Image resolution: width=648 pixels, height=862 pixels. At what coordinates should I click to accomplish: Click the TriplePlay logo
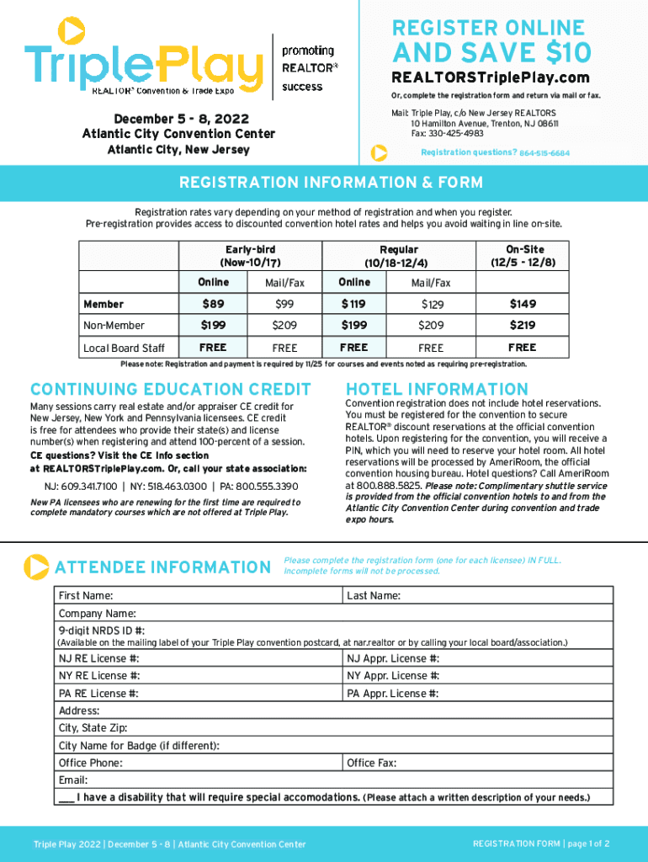pos(143,59)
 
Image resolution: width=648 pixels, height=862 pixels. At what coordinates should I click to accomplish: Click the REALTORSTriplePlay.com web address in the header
pos(491,78)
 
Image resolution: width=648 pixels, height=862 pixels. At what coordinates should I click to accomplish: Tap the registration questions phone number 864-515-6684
pos(544,153)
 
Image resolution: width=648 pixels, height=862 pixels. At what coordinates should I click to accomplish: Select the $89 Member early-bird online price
pos(213,304)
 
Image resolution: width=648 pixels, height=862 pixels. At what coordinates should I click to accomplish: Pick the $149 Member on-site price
pos(522,304)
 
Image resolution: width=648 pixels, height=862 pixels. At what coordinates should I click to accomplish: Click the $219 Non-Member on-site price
pos(522,325)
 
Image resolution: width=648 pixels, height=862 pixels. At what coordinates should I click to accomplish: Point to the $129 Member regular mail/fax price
pos(432,305)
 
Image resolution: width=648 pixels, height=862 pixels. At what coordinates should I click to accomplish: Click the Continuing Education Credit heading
pos(170,389)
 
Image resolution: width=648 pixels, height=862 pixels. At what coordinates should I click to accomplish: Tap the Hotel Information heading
pos(438,389)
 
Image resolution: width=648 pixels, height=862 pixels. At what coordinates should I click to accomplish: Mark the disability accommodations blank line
pos(66,797)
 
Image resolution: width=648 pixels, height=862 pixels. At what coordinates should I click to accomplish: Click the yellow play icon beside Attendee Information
pos(36,567)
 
